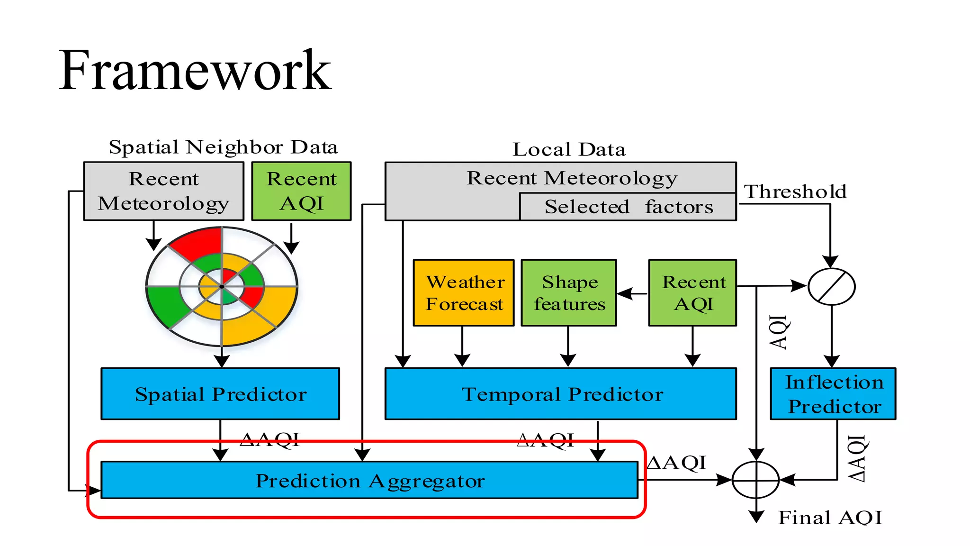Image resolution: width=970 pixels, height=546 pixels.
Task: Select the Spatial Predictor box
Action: [x=220, y=394]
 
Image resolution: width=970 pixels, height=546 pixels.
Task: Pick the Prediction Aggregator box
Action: [x=369, y=480]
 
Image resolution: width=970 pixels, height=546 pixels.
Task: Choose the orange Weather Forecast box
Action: [x=464, y=293]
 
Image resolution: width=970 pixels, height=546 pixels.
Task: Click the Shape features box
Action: [x=568, y=293]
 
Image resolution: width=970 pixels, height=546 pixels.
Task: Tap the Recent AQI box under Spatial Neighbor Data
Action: [x=301, y=191]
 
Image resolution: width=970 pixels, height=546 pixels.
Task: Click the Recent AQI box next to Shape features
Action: [x=692, y=293]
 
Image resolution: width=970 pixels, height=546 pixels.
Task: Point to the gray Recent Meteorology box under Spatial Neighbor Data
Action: [x=163, y=191]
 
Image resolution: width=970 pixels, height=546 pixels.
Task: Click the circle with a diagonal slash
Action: [x=831, y=286]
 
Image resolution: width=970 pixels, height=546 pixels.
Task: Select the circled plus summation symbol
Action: [x=756, y=480]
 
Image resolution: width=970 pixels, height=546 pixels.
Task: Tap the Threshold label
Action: [x=795, y=192]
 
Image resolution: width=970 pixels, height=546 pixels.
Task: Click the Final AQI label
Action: [x=830, y=518]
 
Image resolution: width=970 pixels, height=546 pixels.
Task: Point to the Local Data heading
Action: [x=569, y=150]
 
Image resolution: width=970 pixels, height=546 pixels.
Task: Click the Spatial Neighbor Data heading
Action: [x=223, y=147]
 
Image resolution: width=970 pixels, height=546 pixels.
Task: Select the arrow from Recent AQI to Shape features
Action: [x=632, y=294]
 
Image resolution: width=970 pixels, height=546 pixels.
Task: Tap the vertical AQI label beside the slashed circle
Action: [x=778, y=332]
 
